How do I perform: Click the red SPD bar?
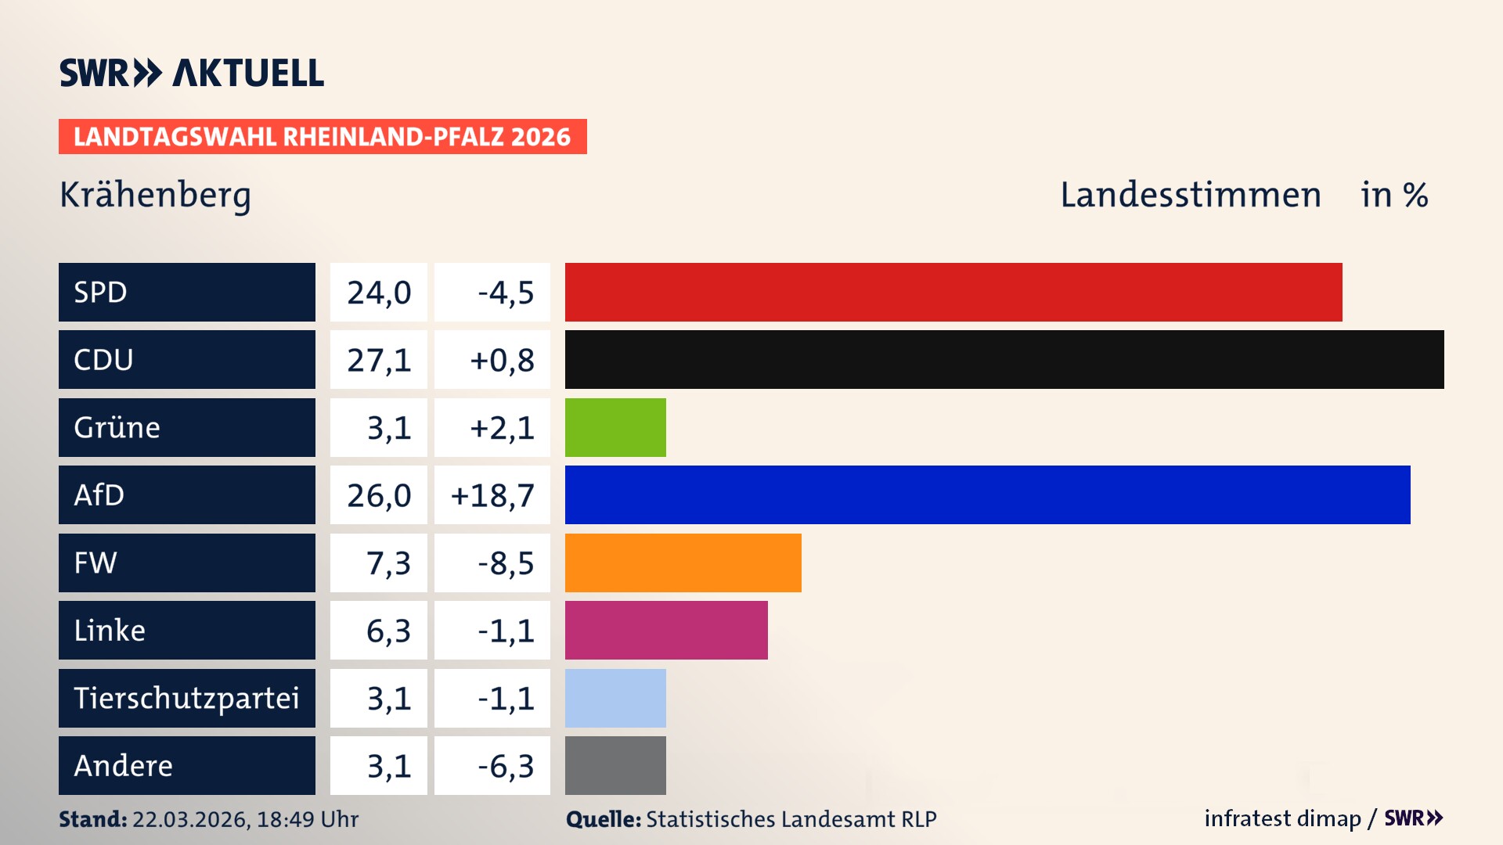click(x=953, y=292)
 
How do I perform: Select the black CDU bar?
click(x=1004, y=359)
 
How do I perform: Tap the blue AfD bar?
click(x=987, y=494)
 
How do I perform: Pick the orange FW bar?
click(x=683, y=563)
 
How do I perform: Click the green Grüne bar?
click(x=615, y=427)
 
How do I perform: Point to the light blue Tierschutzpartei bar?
click(x=615, y=698)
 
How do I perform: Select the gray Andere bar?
click(x=615, y=765)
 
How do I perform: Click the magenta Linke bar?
click(x=666, y=630)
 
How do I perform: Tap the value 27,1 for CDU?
click(x=379, y=360)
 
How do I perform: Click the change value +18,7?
click(x=492, y=495)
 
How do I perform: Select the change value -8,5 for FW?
click(x=506, y=563)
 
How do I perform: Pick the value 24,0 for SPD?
click(x=379, y=293)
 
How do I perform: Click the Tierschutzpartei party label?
click(x=186, y=698)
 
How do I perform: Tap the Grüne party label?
click(x=117, y=427)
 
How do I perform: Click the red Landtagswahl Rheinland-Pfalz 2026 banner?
click(x=323, y=137)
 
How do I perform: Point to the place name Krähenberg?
click(x=155, y=195)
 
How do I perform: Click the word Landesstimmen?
click(x=1190, y=195)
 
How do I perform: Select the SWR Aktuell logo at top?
click(x=192, y=73)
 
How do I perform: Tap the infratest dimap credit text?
click(x=1282, y=818)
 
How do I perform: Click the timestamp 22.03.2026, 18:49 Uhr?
click(x=245, y=819)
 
